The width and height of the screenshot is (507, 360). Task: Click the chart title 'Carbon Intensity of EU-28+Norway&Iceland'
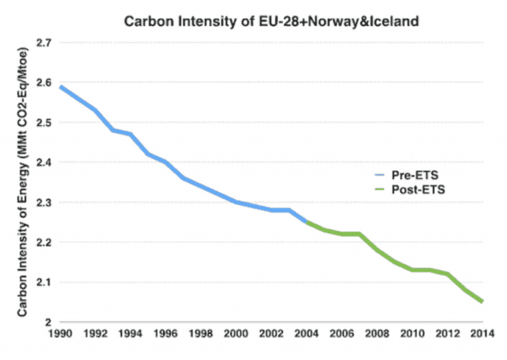[x=272, y=22]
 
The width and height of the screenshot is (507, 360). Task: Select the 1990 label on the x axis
[x=60, y=334]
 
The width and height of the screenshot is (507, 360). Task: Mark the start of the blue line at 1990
[x=61, y=87]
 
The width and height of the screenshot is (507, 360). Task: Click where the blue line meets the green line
[x=307, y=222]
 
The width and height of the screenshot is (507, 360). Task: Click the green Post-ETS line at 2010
[x=412, y=270]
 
